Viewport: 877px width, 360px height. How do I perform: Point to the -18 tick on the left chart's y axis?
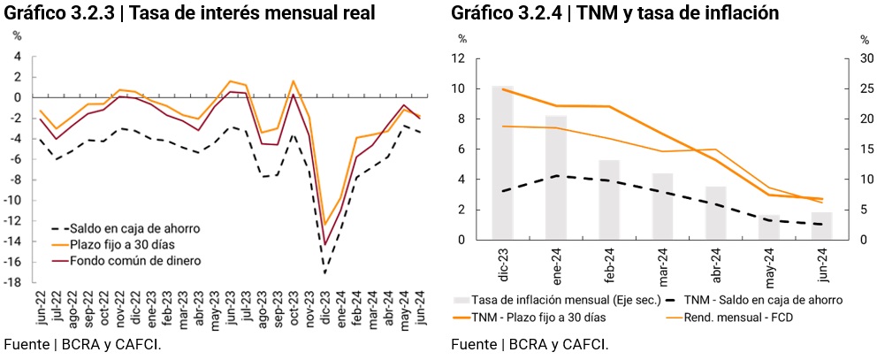click(15, 282)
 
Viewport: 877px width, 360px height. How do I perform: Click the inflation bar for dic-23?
click(502, 163)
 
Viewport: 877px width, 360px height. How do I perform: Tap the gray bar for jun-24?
click(821, 226)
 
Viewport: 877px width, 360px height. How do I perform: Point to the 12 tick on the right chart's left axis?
click(459, 58)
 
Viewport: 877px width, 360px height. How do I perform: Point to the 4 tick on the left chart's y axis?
click(16, 56)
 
